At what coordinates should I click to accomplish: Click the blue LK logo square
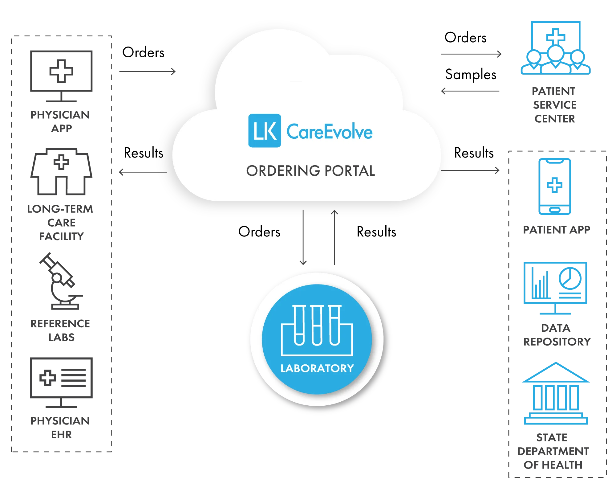265,131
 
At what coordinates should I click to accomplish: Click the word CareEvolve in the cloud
330,132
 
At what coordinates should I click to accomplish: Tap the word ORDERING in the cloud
279,171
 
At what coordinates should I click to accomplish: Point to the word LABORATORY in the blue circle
317,368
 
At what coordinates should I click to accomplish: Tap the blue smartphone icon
554,186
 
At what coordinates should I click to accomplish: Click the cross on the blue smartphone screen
554,185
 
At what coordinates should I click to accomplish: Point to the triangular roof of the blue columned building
556,373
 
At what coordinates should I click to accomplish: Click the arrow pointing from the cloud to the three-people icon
471,54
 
